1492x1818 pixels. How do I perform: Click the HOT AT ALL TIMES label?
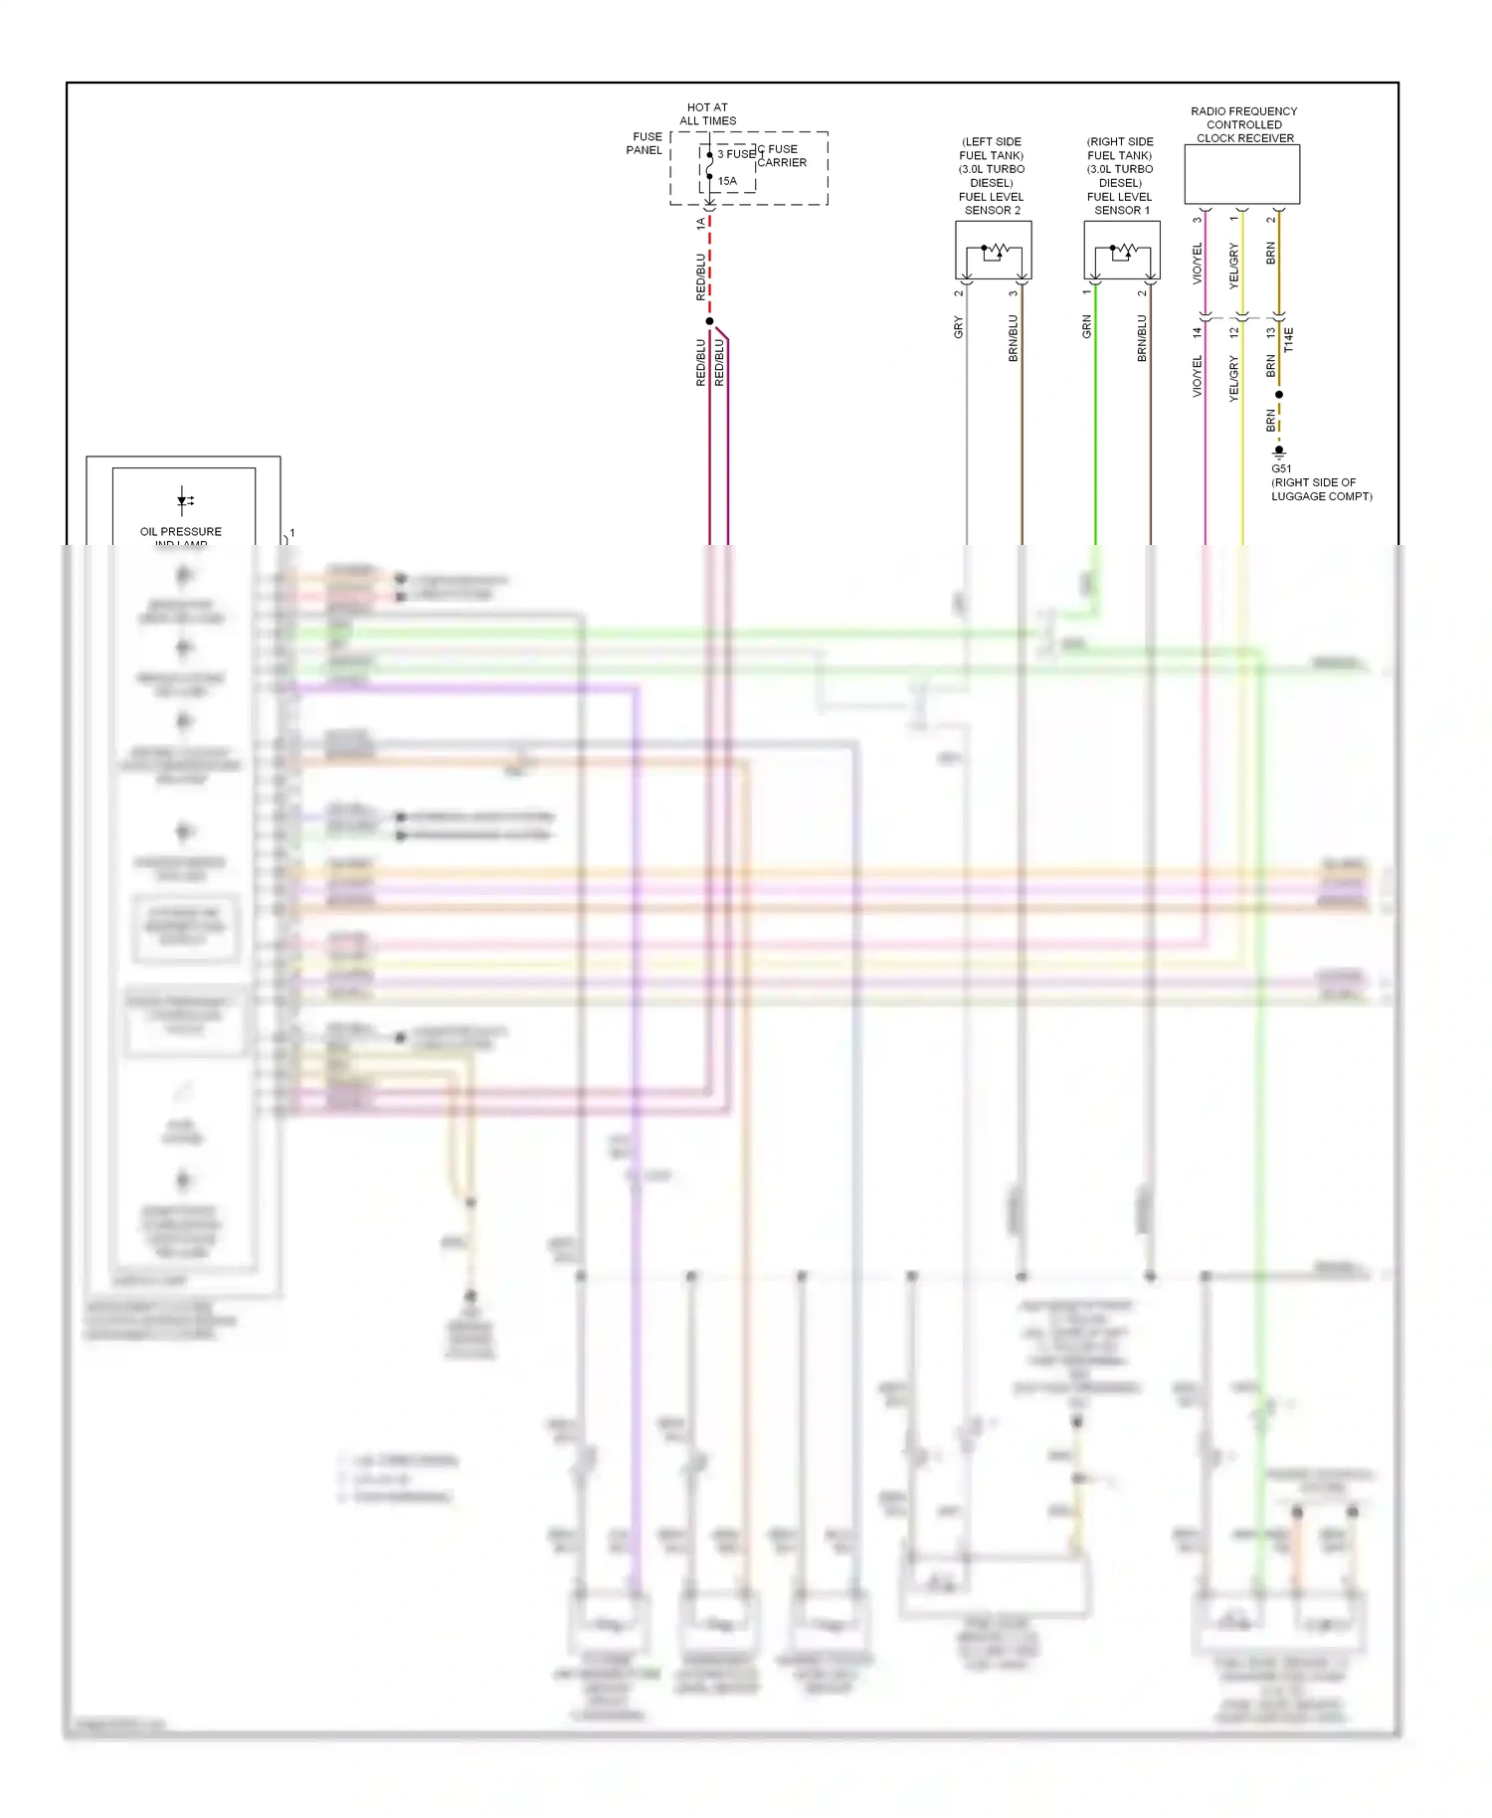pos(707,114)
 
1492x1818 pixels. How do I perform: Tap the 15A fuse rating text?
pos(727,181)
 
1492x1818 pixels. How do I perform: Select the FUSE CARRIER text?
pos(782,156)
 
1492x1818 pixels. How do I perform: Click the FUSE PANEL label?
pos(645,143)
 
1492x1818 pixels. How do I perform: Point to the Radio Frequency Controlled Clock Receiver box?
pos(1241,174)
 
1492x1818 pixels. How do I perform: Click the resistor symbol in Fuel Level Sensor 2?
pos(996,250)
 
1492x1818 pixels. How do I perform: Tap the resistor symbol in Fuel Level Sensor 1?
pos(1124,250)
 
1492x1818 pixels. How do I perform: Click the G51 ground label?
pos(1281,468)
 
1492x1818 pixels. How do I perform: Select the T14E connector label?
pos(1289,339)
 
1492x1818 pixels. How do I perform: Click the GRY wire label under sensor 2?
pos(959,327)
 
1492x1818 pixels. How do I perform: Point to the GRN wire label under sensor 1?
pos(1087,327)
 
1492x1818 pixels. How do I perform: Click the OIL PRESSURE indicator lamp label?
pos(181,532)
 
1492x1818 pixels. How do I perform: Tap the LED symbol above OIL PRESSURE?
pos(184,500)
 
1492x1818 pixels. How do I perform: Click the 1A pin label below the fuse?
pos(701,224)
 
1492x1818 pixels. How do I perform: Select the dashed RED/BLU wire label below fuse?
pos(701,276)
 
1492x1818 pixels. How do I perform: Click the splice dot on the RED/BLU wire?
pos(709,321)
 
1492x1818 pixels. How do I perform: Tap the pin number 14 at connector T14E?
pos(1198,333)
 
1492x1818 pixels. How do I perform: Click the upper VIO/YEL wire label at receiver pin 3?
pos(1198,264)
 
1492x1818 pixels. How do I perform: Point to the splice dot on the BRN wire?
pos(1279,395)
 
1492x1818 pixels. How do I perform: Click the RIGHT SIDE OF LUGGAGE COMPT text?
pos(1321,489)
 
